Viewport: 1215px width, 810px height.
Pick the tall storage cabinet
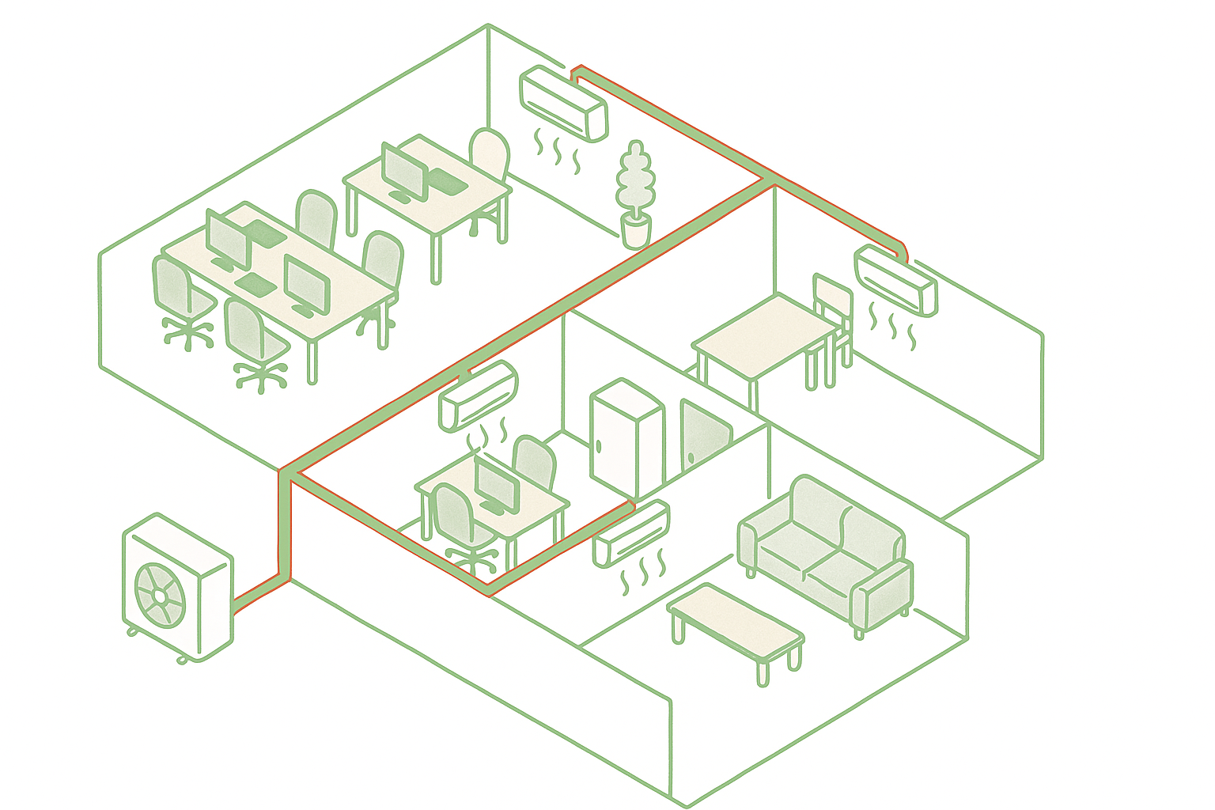click(x=626, y=439)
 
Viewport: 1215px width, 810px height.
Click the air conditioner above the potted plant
click(x=563, y=102)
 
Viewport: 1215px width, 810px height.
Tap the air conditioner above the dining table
click(x=896, y=280)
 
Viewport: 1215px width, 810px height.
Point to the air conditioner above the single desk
click(x=478, y=396)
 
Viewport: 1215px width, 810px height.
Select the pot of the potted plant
click(x=635, y=230)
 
